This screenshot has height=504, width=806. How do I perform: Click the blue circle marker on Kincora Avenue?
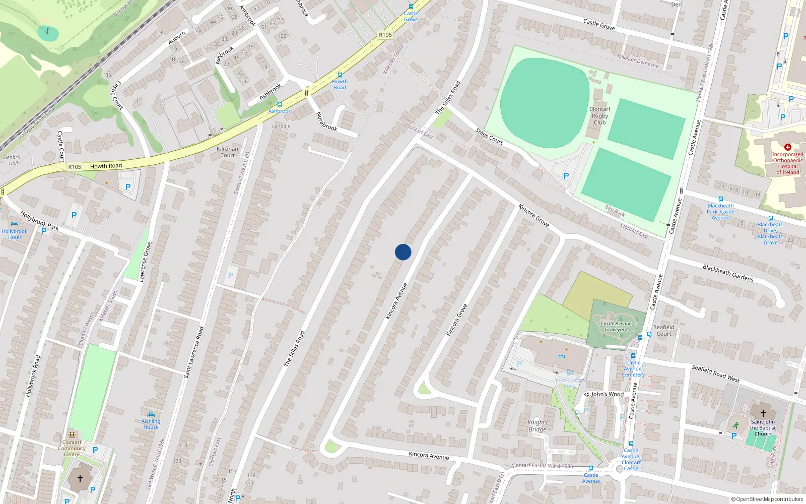click(x=403, y=252)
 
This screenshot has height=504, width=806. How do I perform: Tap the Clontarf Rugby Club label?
click(x=599, y=115)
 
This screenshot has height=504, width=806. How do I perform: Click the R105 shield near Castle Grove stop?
click(x=385, y=35)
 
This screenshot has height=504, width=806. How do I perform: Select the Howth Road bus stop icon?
click(x=340, y=75)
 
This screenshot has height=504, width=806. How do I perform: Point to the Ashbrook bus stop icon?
click(x=280, y=104)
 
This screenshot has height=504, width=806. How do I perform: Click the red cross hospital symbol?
click(x=788, y=147)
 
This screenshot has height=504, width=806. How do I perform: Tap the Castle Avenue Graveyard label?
click(x=616, y=327)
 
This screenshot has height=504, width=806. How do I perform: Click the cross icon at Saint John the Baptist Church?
click(x=763, y=413)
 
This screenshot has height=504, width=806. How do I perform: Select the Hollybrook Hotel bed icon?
click(x=14, y=224)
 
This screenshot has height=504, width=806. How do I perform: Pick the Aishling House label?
click(x=151, y=424)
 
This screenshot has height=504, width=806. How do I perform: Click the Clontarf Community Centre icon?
click(x=72, y=434)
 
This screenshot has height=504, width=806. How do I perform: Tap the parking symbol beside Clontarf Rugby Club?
click(x=566, y=176)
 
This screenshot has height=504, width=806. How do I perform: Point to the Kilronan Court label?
click(x=227, y=152)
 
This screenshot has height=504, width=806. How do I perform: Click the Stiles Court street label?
click(x=489, y=137)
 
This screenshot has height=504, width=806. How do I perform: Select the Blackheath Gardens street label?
click(x=728, y=273)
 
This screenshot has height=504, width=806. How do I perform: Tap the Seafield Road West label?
click(x=715, y=373)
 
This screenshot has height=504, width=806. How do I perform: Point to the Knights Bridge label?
click(x=538, y=426)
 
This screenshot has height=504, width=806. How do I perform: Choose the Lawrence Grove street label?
click(x=146, y=261)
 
